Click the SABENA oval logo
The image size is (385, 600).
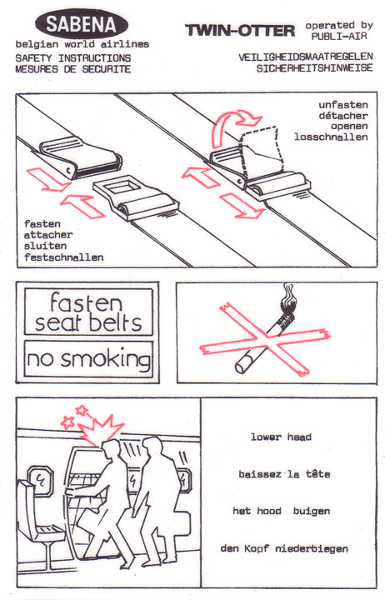[x=82, y=23]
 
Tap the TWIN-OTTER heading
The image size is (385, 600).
[x=240, y=30]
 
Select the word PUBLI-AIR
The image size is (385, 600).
[x=338, y=37]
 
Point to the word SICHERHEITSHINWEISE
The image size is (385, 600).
[x=314, y=68]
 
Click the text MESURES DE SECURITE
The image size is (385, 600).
[x=73, y=69]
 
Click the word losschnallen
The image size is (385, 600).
[x=331, y=137]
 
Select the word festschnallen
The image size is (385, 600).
[x=63, y=257]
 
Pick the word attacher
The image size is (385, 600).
[x=47, y=235]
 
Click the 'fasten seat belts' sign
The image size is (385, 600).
[x=88, y=312]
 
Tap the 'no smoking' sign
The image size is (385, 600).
[x=88, y=359]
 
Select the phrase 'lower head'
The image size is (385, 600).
[x=282, y=437]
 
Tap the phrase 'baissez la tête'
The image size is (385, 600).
[x=284, y=474]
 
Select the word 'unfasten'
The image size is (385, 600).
[x=343, y=105]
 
